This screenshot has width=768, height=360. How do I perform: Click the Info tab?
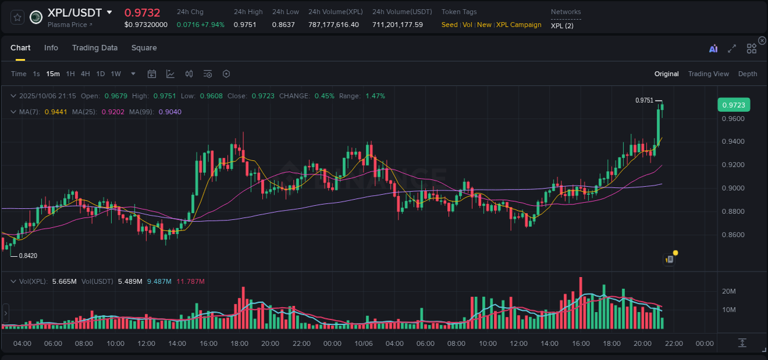pyautogui.click(x=51, y=48)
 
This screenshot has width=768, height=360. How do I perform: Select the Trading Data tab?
pyautogui.click(x=95, y=48)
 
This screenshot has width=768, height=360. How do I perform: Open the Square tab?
pyautogui.click(x=144, y=48)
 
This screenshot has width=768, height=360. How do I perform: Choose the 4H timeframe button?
pyautogui.click(x=85, y=74)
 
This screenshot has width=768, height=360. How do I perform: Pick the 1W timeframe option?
pyautogui.click(x=116, y=74)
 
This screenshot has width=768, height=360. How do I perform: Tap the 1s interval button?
pyautogui.click(x=36, y=74)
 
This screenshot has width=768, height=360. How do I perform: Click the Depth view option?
pyautogui.click(x=747, y=74)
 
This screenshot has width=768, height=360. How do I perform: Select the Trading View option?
pyautogui.click(x=708, y=74)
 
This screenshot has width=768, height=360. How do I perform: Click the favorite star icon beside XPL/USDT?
pyautogui.click(x=17, y=17)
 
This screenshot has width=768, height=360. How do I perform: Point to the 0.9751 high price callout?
pyautogui.click(x=644, y=100)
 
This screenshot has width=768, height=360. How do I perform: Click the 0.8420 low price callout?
pyautogui.click(x=28, y=256)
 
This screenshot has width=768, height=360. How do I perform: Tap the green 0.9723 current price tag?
pyautogui.click(x=733, y=105)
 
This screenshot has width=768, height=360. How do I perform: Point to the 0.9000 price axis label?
pyautogui.click(x=733, y=188)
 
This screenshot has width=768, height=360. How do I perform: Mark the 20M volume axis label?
pyautogui.click(x=729, y=291)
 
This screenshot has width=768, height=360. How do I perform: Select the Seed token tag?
pyautogui.click(x=449, y=25)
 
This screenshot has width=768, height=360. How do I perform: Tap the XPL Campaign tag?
pyautogui.click(x=519, y=25)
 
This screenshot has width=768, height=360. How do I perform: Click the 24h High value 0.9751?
pyautogui.click(x=245, y=25)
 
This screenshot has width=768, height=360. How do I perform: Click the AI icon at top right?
pyautogui.click(x=713, y=49)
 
